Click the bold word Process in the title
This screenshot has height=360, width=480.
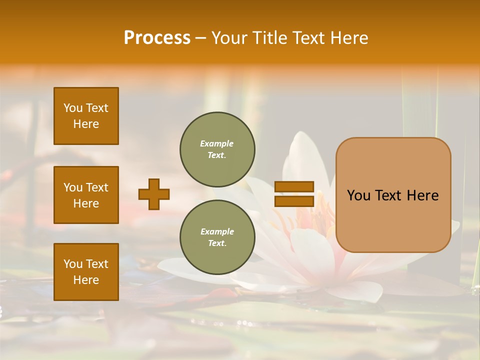pos(157,38)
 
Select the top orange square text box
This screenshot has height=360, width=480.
pos(86,116)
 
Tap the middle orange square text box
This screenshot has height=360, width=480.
pos(86,195)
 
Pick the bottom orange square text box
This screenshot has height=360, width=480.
pos(86,272)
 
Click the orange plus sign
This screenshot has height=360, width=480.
pos(154,194)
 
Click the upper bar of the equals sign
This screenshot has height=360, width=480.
pos(294,187)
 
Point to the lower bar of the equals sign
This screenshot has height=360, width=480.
pos(294,201)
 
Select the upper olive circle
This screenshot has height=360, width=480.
pos(217,149)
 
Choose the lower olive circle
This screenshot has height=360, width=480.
pos(217,237)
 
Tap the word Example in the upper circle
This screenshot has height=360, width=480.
pos(217,143)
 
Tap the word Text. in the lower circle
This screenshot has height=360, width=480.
pos(217,243)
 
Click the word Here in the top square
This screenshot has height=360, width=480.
pos(86,124)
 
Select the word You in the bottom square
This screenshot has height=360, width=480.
pos(72,264)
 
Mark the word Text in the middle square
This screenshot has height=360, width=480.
pos(96,187)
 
